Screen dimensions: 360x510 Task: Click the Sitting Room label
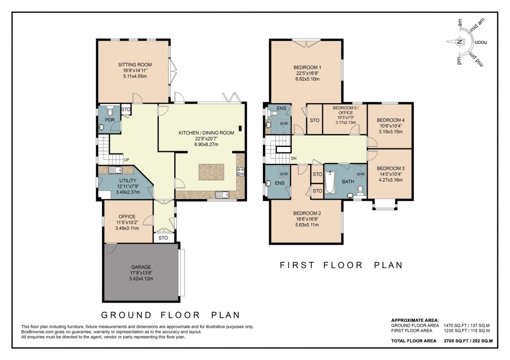click(x=134, y=65)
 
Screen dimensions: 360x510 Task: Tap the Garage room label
click(x=141, y=267)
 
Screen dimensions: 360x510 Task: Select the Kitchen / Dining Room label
click(x=206, y=133)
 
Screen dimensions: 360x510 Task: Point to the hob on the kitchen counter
click(x=241, y=172)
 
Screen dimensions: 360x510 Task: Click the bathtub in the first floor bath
click(x=331, y=182)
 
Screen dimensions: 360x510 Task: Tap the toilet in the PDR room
click(x=110, y=112)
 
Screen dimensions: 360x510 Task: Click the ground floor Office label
click(x=127, y=217)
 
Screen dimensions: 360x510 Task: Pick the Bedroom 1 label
click(x=306, y=68)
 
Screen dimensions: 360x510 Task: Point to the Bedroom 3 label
click(x=390, y=168)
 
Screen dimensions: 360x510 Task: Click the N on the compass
click(x=459, y=43)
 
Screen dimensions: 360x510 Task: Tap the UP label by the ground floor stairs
click(x=127, y=160)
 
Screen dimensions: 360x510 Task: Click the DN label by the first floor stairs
click(x=294, y=159)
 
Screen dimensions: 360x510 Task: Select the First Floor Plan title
click(x=341, y=265)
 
